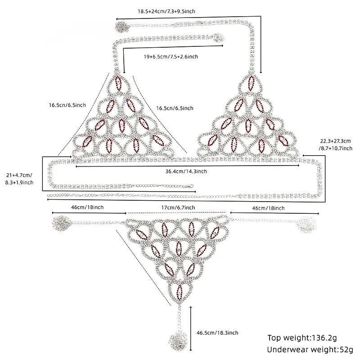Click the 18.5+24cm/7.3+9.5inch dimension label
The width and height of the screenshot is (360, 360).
pos(166,11)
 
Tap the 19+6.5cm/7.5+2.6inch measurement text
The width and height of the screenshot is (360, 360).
pos(171,57)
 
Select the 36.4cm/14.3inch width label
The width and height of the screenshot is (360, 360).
pos(186,171)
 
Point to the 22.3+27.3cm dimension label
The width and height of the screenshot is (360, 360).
pos(335,141)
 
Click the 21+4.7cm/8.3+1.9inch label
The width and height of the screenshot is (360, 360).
pos(19,179)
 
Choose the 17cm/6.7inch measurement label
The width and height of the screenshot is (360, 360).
pos(178,207)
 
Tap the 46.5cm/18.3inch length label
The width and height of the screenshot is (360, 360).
pos(217,333)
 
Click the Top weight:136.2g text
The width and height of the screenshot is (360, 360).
pos(302,338)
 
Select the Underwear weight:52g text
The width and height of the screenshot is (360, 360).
pos(310,350)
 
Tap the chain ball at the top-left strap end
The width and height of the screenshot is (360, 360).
pos(121,26)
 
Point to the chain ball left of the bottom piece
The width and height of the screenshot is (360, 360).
pos(61,223)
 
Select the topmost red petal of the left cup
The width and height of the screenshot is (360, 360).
pos(118,83)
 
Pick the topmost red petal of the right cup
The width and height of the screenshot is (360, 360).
pos(251,83)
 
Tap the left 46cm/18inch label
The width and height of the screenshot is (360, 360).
pos(87,207)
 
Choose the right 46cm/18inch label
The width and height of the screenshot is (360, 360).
pos(268,208)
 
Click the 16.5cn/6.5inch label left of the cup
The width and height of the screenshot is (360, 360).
pos(67,105)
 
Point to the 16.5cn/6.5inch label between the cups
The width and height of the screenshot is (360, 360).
pos(175,108)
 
